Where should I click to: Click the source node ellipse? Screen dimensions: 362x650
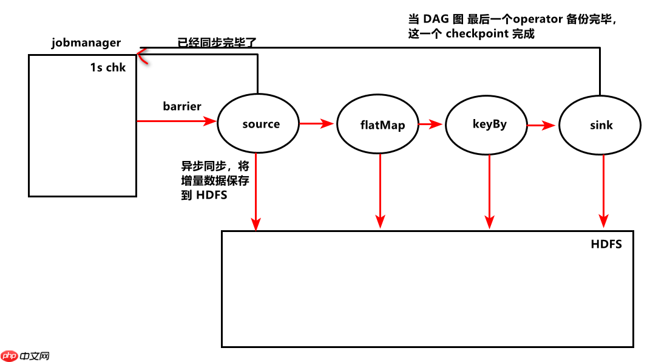point(259,125)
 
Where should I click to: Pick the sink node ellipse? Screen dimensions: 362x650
point(600,126)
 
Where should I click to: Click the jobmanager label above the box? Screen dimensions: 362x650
point(86,43)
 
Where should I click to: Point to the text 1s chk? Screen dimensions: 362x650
point(108,67)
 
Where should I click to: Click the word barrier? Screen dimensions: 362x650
point(182,106)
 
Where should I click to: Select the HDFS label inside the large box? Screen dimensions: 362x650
point(606,245)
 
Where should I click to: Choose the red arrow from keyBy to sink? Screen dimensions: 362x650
point(541,126)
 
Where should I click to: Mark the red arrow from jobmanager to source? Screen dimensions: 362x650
point(177,121)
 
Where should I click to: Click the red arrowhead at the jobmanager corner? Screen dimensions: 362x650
point(141,56)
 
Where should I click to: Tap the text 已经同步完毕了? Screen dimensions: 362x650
point(217,43)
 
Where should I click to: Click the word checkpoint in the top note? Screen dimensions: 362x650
point(477,34)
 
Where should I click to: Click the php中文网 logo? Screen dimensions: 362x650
point(25,356)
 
